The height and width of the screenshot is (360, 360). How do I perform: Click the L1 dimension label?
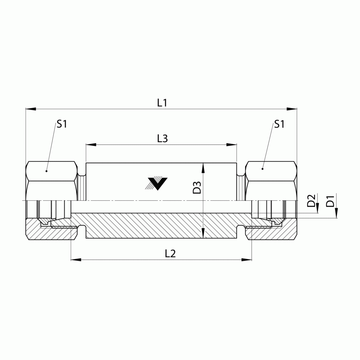pos(162,103)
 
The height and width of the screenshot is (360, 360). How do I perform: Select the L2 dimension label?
pos(170,253)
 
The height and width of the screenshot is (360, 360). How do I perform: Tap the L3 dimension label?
pos(162,139)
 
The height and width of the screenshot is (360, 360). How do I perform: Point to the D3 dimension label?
pos(197,187)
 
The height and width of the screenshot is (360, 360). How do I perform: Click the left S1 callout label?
pos(62,124)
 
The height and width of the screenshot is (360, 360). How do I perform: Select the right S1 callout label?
pos(279,124)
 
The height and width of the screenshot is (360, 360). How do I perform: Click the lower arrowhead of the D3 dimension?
pos(204,234)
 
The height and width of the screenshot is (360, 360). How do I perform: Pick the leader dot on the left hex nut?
pos(46,171)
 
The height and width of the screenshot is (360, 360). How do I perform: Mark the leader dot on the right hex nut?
pos(262,169)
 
